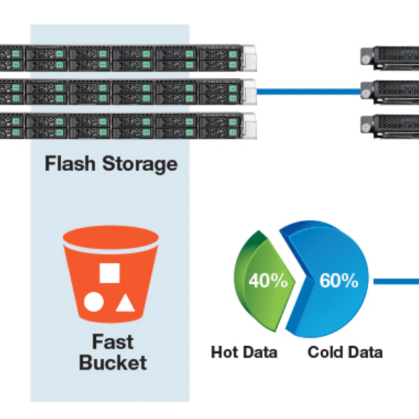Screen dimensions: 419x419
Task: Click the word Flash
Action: (x=70, y=163)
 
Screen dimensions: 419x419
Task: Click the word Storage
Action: (x=140, y=165)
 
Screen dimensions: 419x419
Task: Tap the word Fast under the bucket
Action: (x=112, y=342)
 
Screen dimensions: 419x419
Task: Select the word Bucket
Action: (x=112, y=362)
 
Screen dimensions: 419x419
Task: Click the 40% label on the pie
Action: (x=268, y=280)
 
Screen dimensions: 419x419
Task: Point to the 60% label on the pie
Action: (x=339, y=280)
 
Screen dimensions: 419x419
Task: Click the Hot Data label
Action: (x=244, y=352)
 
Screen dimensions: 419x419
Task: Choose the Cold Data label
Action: (x=345, y=352)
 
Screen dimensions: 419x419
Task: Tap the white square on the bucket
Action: (x=110, y=273)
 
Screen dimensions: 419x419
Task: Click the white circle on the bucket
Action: (x=94, y=302)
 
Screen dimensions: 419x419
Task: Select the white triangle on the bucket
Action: (x=125, y=303)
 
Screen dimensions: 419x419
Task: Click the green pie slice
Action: (x=263, y=281)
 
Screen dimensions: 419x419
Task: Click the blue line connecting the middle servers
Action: (x=309, y=92)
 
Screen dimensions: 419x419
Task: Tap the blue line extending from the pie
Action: (x=396, y=281)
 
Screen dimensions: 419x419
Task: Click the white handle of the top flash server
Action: (x=250, y=58)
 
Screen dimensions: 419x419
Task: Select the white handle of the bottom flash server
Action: (x=250, y=126)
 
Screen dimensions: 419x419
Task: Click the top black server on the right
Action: (x=390, y=58)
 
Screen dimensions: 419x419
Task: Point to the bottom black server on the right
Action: (x=390, y=126)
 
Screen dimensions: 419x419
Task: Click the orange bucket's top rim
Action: (x=111, y=239)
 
